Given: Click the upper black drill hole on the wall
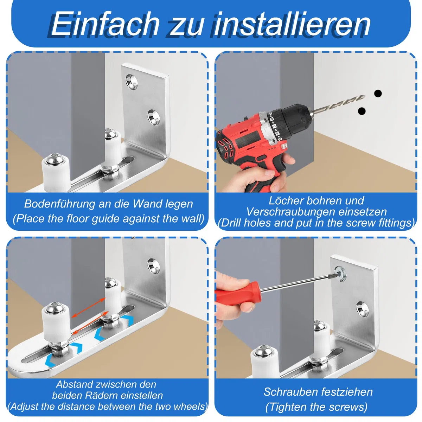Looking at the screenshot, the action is point(378,94).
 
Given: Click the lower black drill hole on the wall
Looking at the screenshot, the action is point(362,111).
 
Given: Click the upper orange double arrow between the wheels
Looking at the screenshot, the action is point(89,307).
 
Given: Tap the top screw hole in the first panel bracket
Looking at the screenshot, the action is point(132,82).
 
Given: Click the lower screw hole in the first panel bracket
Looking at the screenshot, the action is point(153,117).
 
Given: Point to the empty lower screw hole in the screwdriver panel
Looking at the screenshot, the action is point(363,308).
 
